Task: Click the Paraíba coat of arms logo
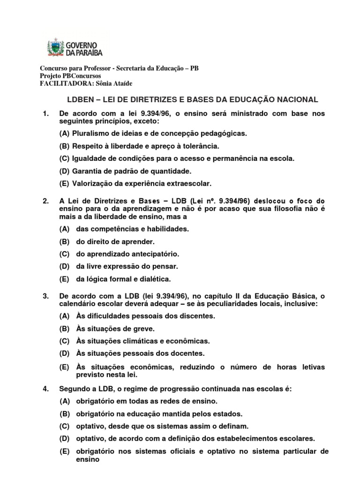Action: click(54, 48)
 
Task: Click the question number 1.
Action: click(45, 114)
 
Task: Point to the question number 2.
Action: click(45, 201)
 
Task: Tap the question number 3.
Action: click(45, 296)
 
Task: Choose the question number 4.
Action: click(45, 389)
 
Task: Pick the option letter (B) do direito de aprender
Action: click(64, 242)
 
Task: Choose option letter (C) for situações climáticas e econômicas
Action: click(64, 341)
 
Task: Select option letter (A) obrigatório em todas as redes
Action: click(64, 402)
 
